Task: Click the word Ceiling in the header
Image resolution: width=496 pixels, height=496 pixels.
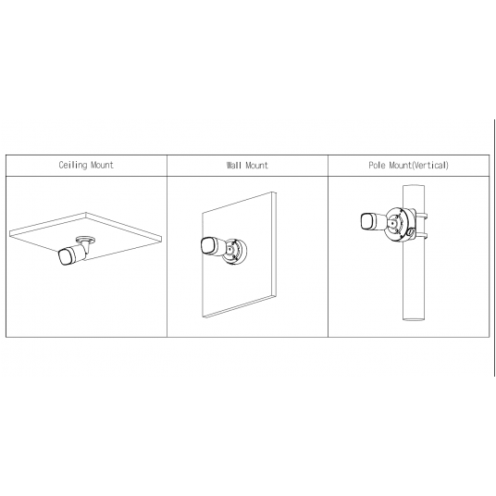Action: tap(73, 165)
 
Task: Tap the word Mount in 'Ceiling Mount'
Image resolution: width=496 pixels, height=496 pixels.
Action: tap(102, 165)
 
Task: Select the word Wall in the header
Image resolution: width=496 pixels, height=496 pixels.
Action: tap(234, 165)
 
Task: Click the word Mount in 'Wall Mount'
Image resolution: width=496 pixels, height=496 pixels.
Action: tap(256, 165)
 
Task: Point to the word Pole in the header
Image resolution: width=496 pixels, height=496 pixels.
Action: tap(377, 165)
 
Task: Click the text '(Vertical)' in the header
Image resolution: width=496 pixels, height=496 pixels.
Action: tap(430, 165)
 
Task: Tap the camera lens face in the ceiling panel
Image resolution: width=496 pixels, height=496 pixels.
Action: tap(64, 256)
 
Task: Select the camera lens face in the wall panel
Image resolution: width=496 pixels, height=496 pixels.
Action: tap(207, 245)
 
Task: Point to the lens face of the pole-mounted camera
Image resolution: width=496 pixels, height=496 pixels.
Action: tap(366, 221)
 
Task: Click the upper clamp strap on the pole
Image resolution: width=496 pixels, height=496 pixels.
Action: tap(422, 217)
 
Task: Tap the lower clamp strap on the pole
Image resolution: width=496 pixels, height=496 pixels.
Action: tap(422, 236)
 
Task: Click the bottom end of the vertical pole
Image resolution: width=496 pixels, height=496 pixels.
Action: tap(414, 318)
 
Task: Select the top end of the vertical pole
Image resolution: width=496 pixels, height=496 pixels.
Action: tap(414, 186)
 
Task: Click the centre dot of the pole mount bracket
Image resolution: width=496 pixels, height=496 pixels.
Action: tap(392, 222)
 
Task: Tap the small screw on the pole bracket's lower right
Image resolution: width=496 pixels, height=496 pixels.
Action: tap(411, 233)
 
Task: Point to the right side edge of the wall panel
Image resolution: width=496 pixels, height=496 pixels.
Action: tap(274, 243)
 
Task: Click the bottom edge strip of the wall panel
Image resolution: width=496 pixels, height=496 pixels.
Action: tap(239, 306)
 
